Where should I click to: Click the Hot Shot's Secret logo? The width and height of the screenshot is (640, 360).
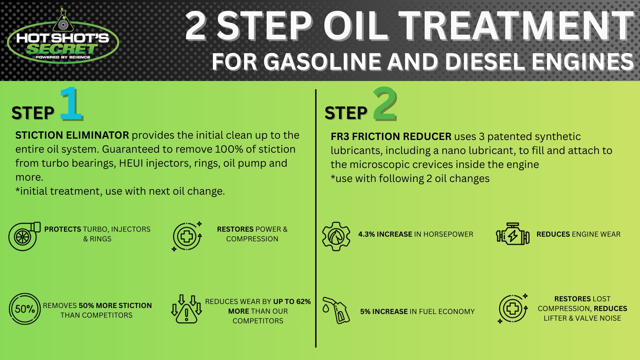(63, 37)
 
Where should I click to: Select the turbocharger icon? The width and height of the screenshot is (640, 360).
(24, 236)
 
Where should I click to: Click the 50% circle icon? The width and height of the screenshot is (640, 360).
(25, 309)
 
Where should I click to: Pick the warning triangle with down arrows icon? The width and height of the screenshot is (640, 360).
(186, 309)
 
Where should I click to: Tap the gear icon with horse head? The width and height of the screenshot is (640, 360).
(336, 236)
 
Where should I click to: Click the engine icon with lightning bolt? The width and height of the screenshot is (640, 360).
(513, 234)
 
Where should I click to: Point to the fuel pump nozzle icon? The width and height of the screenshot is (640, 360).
(336, 310)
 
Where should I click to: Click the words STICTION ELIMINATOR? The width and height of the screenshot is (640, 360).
(72, 135)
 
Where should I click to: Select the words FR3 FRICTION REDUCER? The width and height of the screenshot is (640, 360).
(391, 137)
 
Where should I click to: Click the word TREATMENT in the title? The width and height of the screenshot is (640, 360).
(516, 26)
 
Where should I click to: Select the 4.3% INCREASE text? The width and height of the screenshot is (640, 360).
(385, 234)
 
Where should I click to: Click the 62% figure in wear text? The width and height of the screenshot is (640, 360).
(303, 302)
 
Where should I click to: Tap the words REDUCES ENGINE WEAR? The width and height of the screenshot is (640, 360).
(578, 234)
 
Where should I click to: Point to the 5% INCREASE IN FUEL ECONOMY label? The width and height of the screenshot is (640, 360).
(417, 312)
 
